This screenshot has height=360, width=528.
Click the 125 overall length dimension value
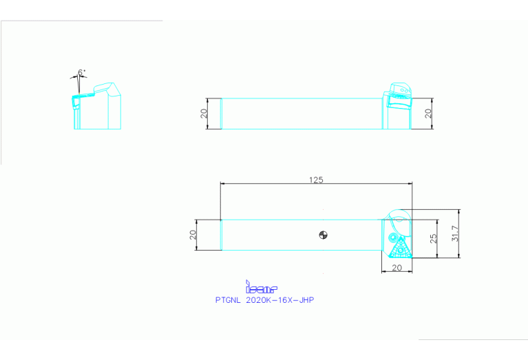coord(316,180)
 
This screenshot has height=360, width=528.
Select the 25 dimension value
coord(433,238)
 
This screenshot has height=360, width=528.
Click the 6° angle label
coord(82,72)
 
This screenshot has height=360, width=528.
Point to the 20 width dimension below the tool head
coord(397,267)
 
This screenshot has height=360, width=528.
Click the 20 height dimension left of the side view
coord(204,113)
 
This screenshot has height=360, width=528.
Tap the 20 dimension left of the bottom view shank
coord(193,235)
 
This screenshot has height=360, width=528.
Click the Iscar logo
coord(261,287)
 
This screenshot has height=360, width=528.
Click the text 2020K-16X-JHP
coord(279,300)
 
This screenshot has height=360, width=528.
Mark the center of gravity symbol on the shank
coord(324,235)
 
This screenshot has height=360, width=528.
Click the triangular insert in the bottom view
coord(398,245)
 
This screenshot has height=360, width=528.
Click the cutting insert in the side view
coord(397,101)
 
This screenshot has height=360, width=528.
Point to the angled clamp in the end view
coord(105,89)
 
